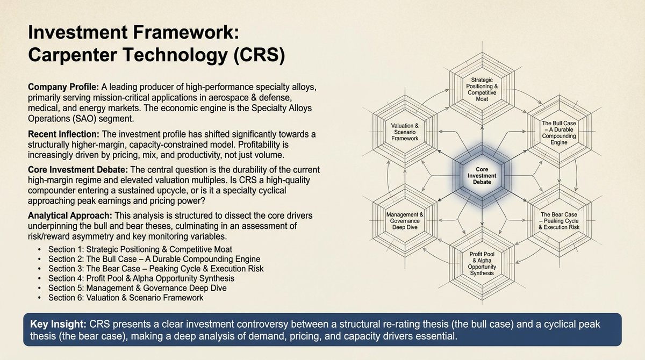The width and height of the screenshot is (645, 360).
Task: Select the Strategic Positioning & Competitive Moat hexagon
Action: [x=481, y=87]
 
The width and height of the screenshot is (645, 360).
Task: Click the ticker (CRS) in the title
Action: [x=258, y=56]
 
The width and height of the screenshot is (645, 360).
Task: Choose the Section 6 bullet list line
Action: [x=126, y=298]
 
